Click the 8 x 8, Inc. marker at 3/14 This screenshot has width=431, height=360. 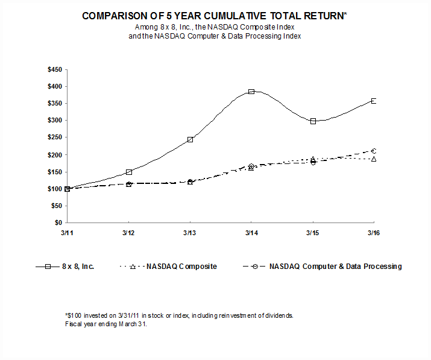tap(251, 92)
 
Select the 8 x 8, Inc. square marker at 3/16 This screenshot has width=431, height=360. tap(374, 101)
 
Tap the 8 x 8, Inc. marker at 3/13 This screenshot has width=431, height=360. tap(190, 139)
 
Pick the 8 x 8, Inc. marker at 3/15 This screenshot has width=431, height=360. tap(313, 121)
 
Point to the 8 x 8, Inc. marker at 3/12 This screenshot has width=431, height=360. tap(129, 172)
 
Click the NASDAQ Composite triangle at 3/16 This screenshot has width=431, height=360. tap(374, 159)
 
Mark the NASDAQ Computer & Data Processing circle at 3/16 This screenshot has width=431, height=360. tap(374, 151)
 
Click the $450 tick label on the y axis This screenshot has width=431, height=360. tap(54, 70)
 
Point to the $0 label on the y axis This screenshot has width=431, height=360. tap(58, 223)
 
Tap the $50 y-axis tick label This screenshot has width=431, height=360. tap(56, 206)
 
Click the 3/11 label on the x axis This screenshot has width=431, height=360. tap(68, 232)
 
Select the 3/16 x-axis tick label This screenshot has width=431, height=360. tap(374, 232)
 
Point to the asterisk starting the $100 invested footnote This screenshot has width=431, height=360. tap(66, 315)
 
